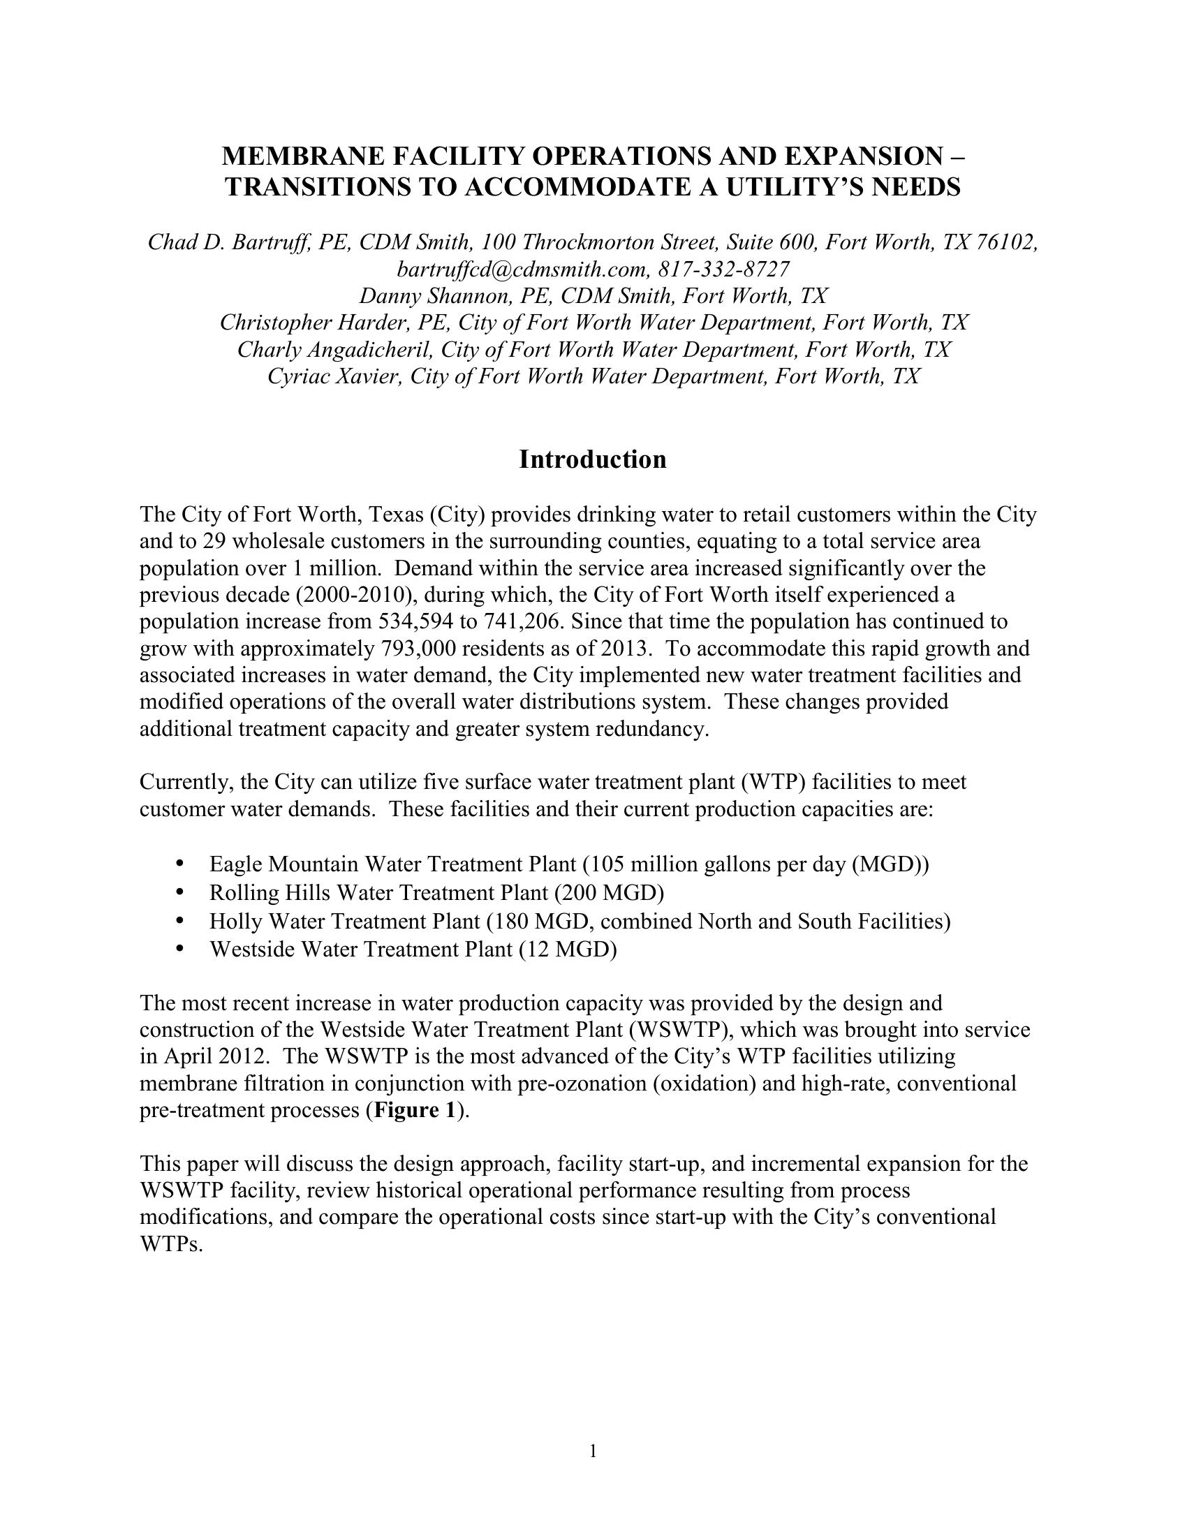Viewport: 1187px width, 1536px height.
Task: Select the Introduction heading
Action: tap(593, 459)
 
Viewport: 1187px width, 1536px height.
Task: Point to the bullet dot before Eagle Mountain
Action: tap(181, 862)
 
